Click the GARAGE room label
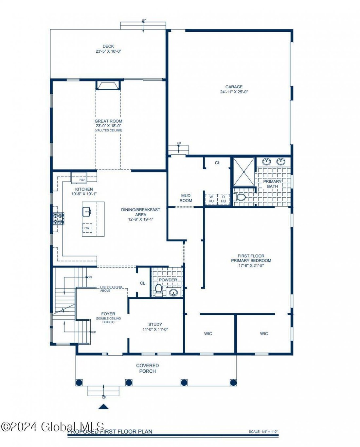pos(234,87)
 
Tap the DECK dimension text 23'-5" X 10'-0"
pos(108,51)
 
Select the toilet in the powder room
pos(159,289)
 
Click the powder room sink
pos(173,292)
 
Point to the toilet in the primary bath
pos(241,197)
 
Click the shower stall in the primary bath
pos(244,172)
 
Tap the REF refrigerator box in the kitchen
pos(82,180)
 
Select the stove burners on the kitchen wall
pos(59,219)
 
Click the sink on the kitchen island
pos(87,212)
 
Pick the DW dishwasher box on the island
pos(87,228)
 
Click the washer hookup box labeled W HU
pos(211,199)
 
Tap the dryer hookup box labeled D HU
pos(224,199)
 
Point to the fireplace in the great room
pos(108,86)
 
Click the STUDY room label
pos(155,325)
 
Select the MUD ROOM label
pos(186,198)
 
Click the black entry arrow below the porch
pos(104,407)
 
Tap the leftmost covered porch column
pos(79,382)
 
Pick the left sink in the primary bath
pos(267,161)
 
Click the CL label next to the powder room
pos(142,283)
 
